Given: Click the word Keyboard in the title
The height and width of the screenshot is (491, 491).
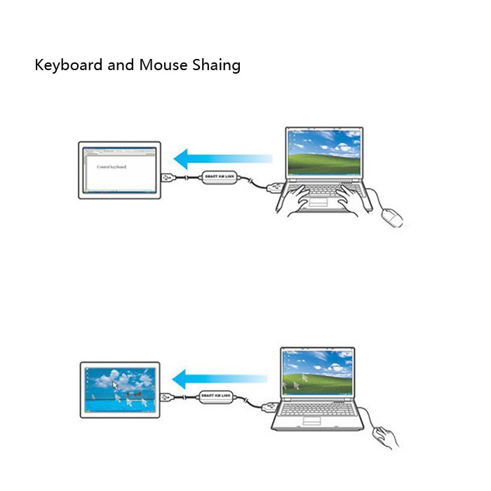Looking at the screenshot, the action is [68, 66].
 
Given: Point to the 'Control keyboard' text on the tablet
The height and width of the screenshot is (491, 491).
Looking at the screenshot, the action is [112, 167].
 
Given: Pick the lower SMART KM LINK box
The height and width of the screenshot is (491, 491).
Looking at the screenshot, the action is [217, 397].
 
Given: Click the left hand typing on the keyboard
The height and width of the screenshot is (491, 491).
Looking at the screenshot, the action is [309, 198].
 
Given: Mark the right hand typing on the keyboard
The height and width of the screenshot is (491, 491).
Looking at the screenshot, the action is [350, 199].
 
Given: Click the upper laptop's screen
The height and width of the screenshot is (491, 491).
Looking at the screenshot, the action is [325, 155].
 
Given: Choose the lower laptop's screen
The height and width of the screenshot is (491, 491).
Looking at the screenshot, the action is [318, 375].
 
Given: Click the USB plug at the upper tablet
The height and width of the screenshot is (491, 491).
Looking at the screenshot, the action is [168, 177].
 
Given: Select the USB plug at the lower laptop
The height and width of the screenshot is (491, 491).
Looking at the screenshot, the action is [268, 406].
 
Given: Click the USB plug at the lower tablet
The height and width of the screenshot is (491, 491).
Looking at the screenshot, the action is [168, 396].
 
